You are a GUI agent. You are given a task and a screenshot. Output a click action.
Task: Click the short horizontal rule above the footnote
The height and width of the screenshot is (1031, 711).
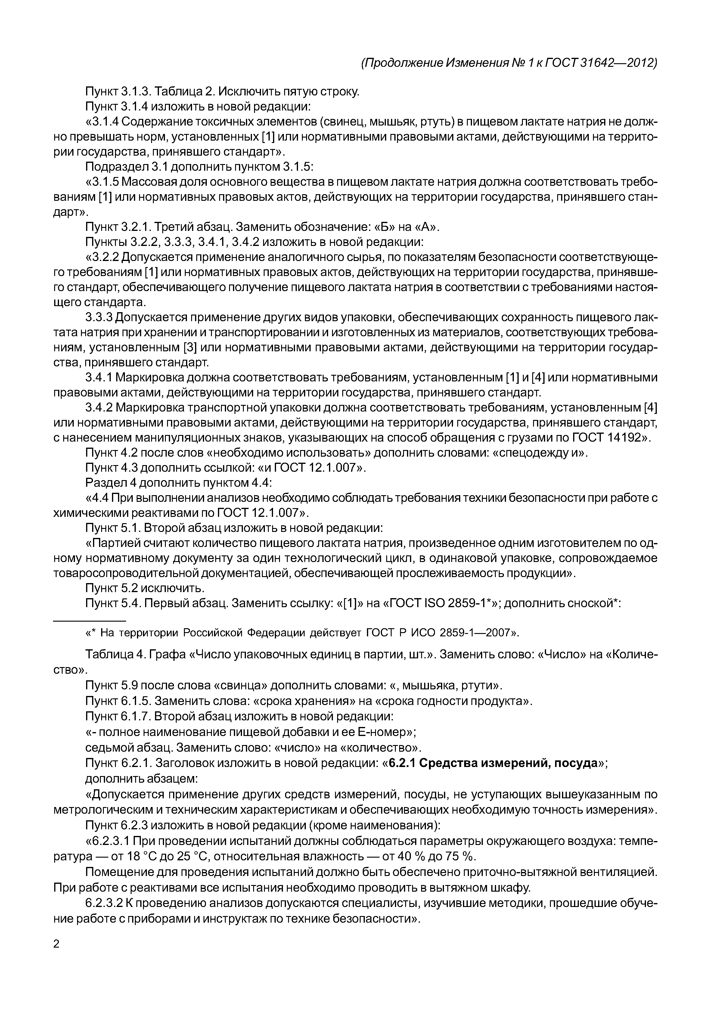coord(89,621)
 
